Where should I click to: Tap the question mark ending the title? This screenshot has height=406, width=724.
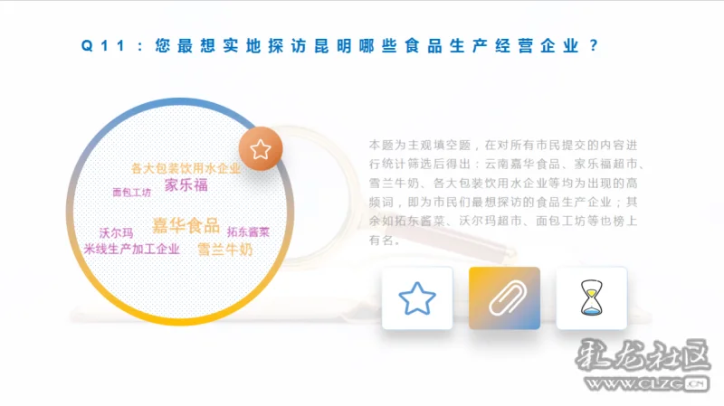(x=594, y=46)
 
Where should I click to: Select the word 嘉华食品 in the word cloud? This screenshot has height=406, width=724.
(x=186, y=226)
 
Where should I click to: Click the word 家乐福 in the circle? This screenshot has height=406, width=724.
(x=186, y=185)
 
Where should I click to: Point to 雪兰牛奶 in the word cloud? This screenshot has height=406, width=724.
(x=225, y=250)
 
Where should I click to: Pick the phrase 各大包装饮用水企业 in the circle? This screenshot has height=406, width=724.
(x=186, y=168)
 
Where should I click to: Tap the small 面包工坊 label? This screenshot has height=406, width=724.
(x=131, y=193)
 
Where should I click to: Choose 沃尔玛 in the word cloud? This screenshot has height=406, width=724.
(x=117, y=233)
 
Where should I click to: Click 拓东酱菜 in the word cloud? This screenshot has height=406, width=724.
(x=248, y=232)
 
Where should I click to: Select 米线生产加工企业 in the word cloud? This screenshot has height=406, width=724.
(x=131, y=250)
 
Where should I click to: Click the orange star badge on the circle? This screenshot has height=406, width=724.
(x=261, y=148)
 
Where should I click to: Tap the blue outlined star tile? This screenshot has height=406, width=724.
(x=417, y=298)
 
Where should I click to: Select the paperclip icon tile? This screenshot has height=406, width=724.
(x=504, y=298)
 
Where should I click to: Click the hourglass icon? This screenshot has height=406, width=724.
(x=592, y=298)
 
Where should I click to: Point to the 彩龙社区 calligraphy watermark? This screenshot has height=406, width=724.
(x=642, y=355)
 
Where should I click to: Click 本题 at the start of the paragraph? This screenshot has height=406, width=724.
(x=381, y=146)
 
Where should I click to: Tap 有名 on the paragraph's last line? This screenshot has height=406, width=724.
(x=381, y=241)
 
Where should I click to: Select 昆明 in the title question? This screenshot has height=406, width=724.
(x=332, y=46)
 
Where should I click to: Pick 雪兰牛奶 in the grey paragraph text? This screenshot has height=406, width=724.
(x=394, y=184)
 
